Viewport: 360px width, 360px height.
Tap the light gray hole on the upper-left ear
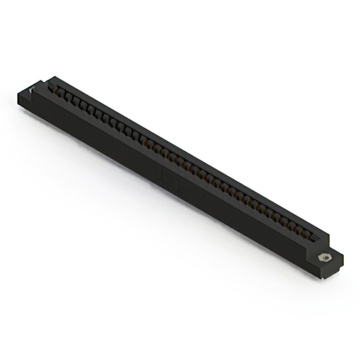(x=32, y=91)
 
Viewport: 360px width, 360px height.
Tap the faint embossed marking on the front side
(x=163, y=179)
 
